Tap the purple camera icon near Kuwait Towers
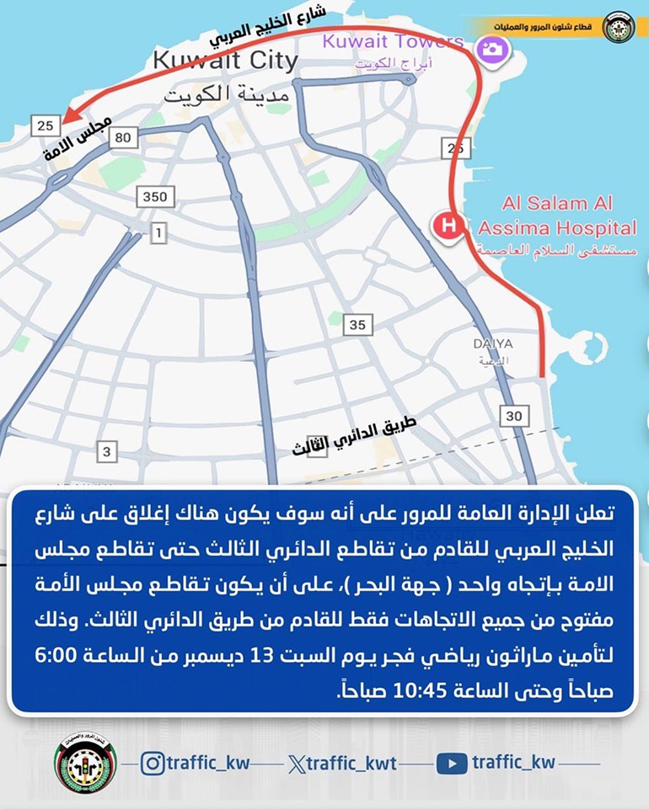[x=489, y=48]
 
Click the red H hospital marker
[x=447, y=226]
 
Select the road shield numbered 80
[x=124, y=136]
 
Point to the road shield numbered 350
[x=155, y=197]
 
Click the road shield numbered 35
[x=357, y=325]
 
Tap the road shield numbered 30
[x=514, y=415]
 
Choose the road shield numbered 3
[x=106, y=452]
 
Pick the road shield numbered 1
[x=158, y=233]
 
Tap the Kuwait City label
[x=225, y=61]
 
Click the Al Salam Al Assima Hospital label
[x=557, y=216]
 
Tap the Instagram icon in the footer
[x=152, y=764]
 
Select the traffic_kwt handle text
[x=349, y=764]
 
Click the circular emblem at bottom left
[x=85, y=764]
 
